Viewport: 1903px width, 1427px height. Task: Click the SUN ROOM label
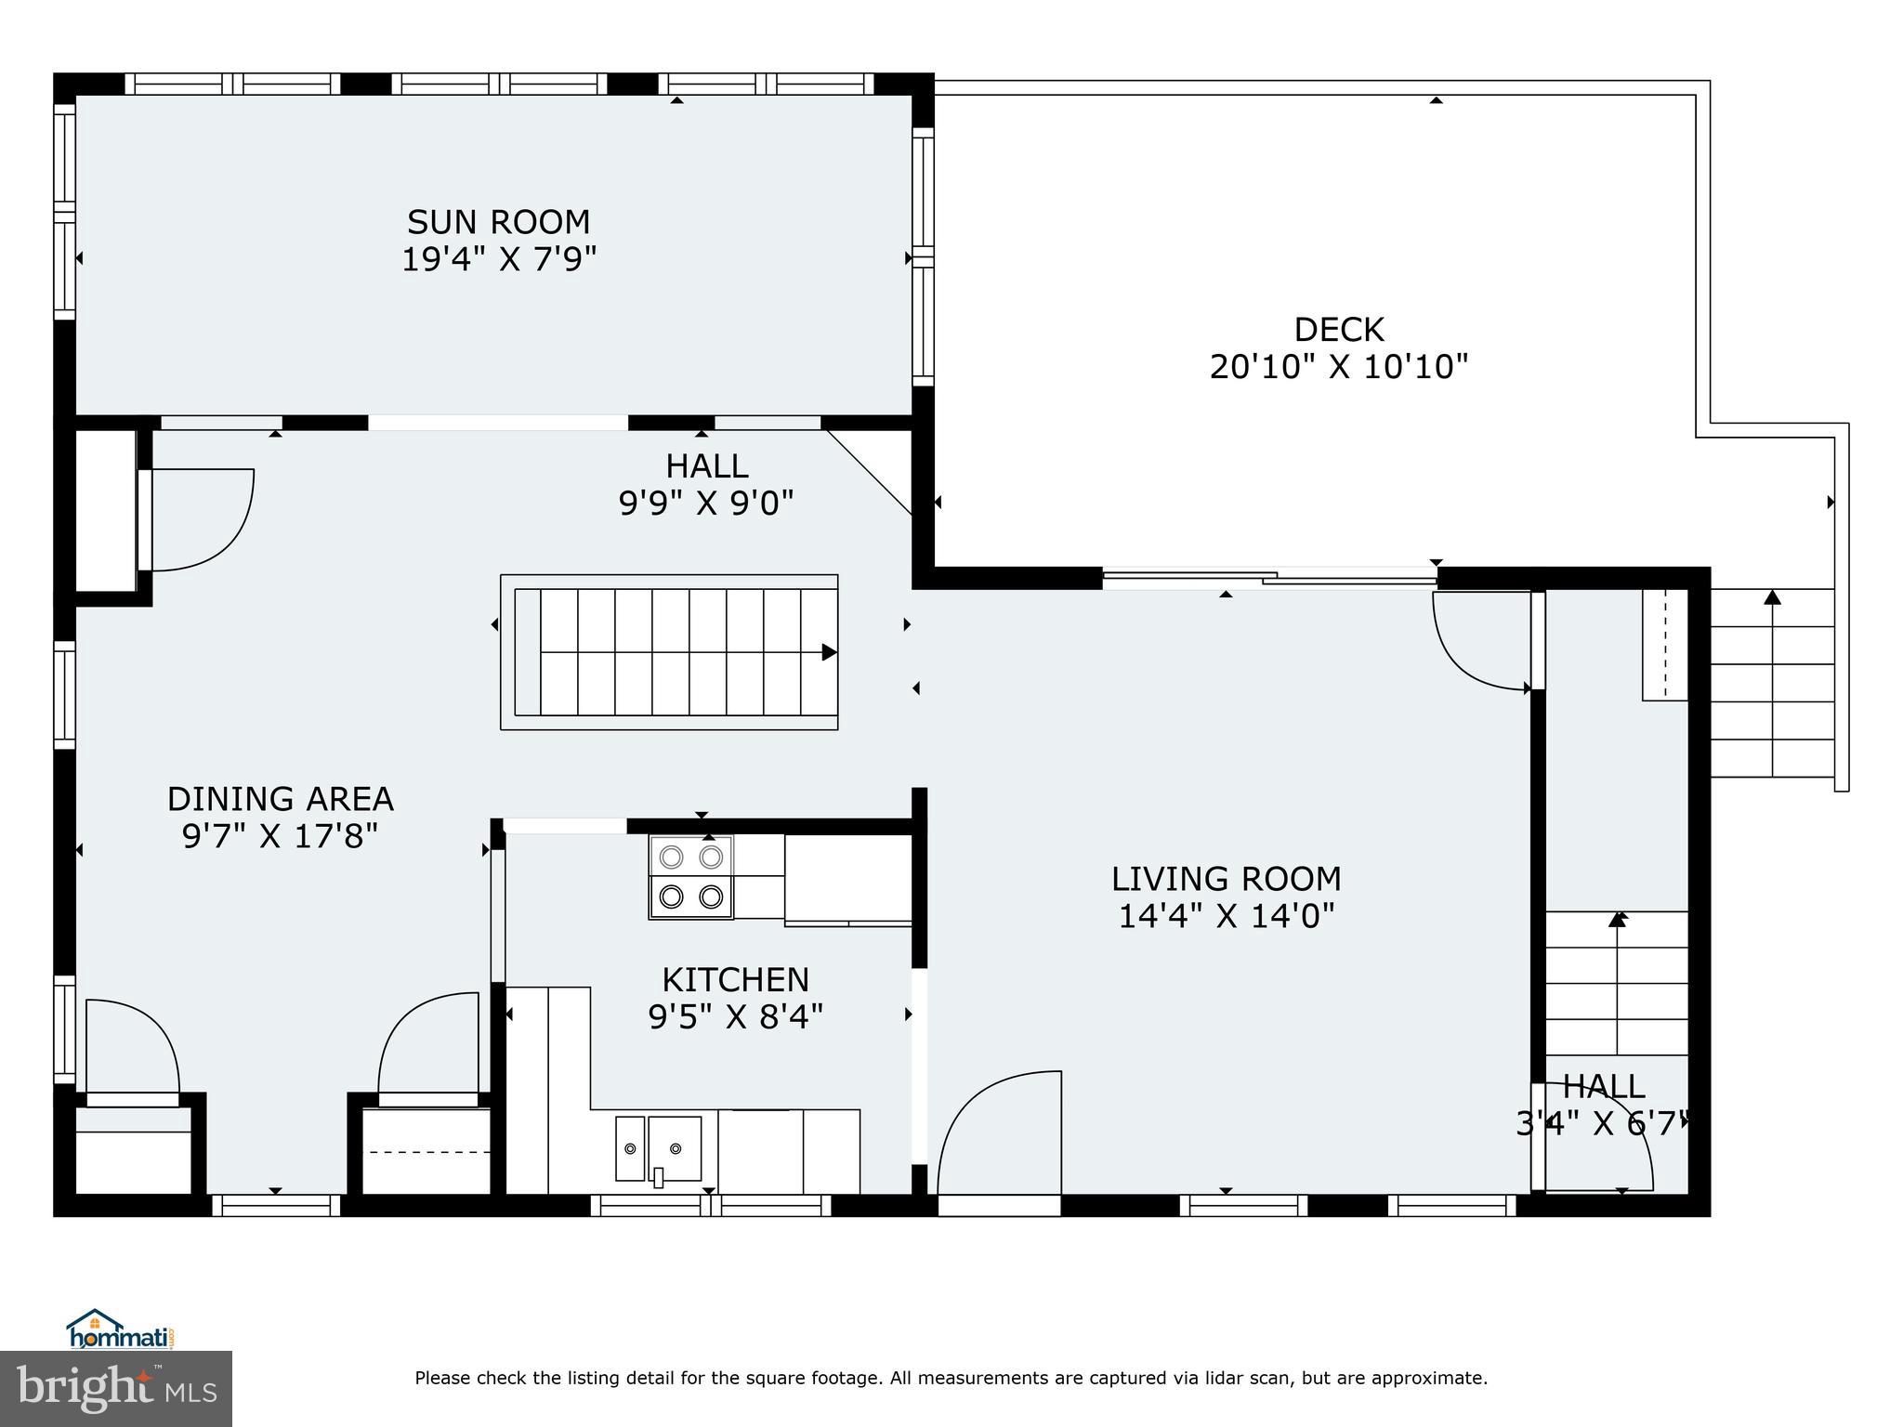coord(498,222)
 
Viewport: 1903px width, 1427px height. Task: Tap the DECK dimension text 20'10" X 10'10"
coord(1338,367)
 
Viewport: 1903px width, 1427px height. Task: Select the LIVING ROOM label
coord(1226,878)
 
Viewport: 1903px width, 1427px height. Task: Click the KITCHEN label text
coord(735,979)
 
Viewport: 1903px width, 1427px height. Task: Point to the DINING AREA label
coord(280,799)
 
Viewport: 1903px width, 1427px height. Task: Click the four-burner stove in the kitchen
coord(690,877)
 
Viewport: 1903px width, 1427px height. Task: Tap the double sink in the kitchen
coord(658,1149)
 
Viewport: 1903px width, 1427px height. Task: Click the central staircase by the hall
coord(669,651)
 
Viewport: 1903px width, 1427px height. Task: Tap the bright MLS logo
coord(116,1388)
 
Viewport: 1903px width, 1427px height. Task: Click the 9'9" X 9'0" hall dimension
coord(706,504)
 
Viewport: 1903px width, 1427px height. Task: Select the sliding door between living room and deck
coord(1268,578)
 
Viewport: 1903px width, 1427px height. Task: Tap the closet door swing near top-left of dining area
coord(200,520)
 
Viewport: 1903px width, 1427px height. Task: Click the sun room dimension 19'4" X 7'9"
coord(498,259)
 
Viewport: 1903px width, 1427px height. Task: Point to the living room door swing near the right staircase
coord(1479,641)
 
